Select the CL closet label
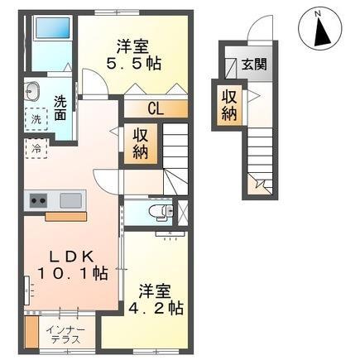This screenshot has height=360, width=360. (x=155, y=108)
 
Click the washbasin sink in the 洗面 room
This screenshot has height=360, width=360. (x=32, y=91)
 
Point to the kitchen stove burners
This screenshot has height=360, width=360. (x=38, y=199)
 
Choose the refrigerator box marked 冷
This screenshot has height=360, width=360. (x=37, y=149)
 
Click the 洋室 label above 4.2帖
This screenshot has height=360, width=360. (x=155, y=290)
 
